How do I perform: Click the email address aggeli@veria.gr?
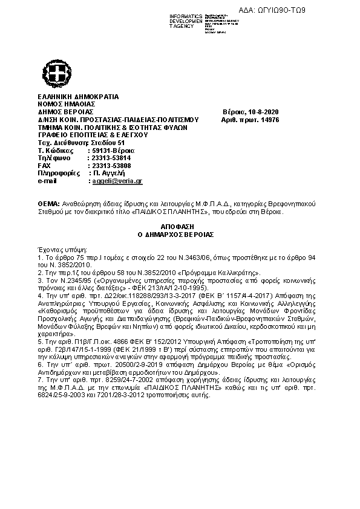[116, 181]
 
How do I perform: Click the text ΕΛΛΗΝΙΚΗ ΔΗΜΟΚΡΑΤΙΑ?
[79, 97]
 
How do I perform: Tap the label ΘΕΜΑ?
[49, 204]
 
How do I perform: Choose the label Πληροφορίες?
[59, 173]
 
